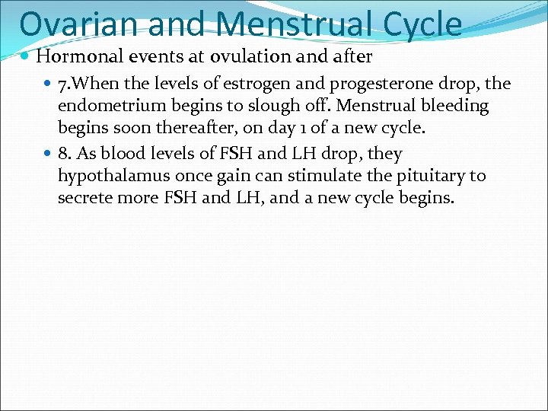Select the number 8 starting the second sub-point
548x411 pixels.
[x=62, y=155]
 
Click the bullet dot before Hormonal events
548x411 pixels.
[x=27, y=57]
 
